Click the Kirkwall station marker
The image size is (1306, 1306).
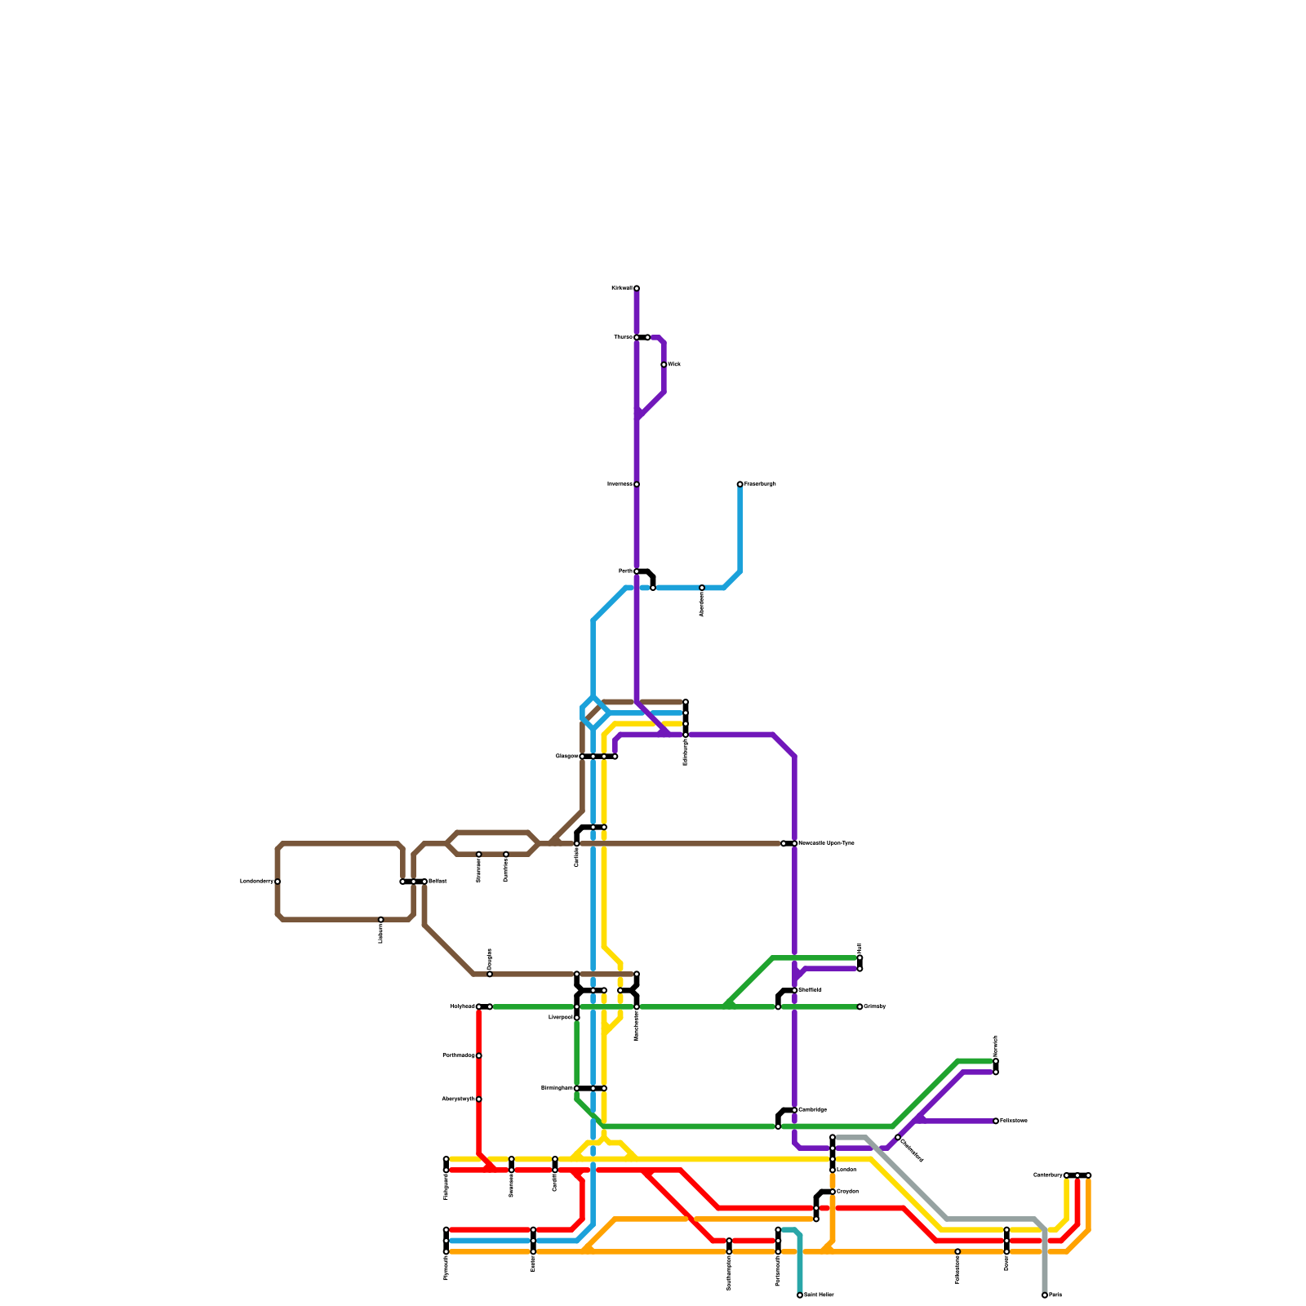pos(637,288)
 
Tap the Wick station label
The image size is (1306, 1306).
pos(674,365)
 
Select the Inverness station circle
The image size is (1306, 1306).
pos(637,484)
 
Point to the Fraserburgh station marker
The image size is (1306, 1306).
pos(740,484)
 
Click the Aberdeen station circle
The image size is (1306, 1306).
pos(702,588)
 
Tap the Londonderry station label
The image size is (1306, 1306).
pos(256,882)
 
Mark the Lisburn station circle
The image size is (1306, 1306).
pos(381,920)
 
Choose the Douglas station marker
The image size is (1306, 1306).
pos(490,974)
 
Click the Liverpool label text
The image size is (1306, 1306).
pos(561,1018)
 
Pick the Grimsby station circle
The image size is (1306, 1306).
pos(860,1006)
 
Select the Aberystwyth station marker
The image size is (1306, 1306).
pos(479,1099)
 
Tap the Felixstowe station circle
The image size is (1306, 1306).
pos(996,1121)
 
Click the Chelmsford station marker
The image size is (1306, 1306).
pos(898,1137)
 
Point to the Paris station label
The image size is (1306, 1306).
pos(1055,1295)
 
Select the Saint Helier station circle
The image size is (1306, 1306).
pos(800,1295)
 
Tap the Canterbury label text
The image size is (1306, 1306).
pos(1048,1175)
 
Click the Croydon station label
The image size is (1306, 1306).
pos(847,1192)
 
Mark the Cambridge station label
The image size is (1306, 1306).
pos(812,1110)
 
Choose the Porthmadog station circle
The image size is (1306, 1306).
pos(479,1055)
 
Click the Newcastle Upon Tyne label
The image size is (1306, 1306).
pos(826,843)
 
